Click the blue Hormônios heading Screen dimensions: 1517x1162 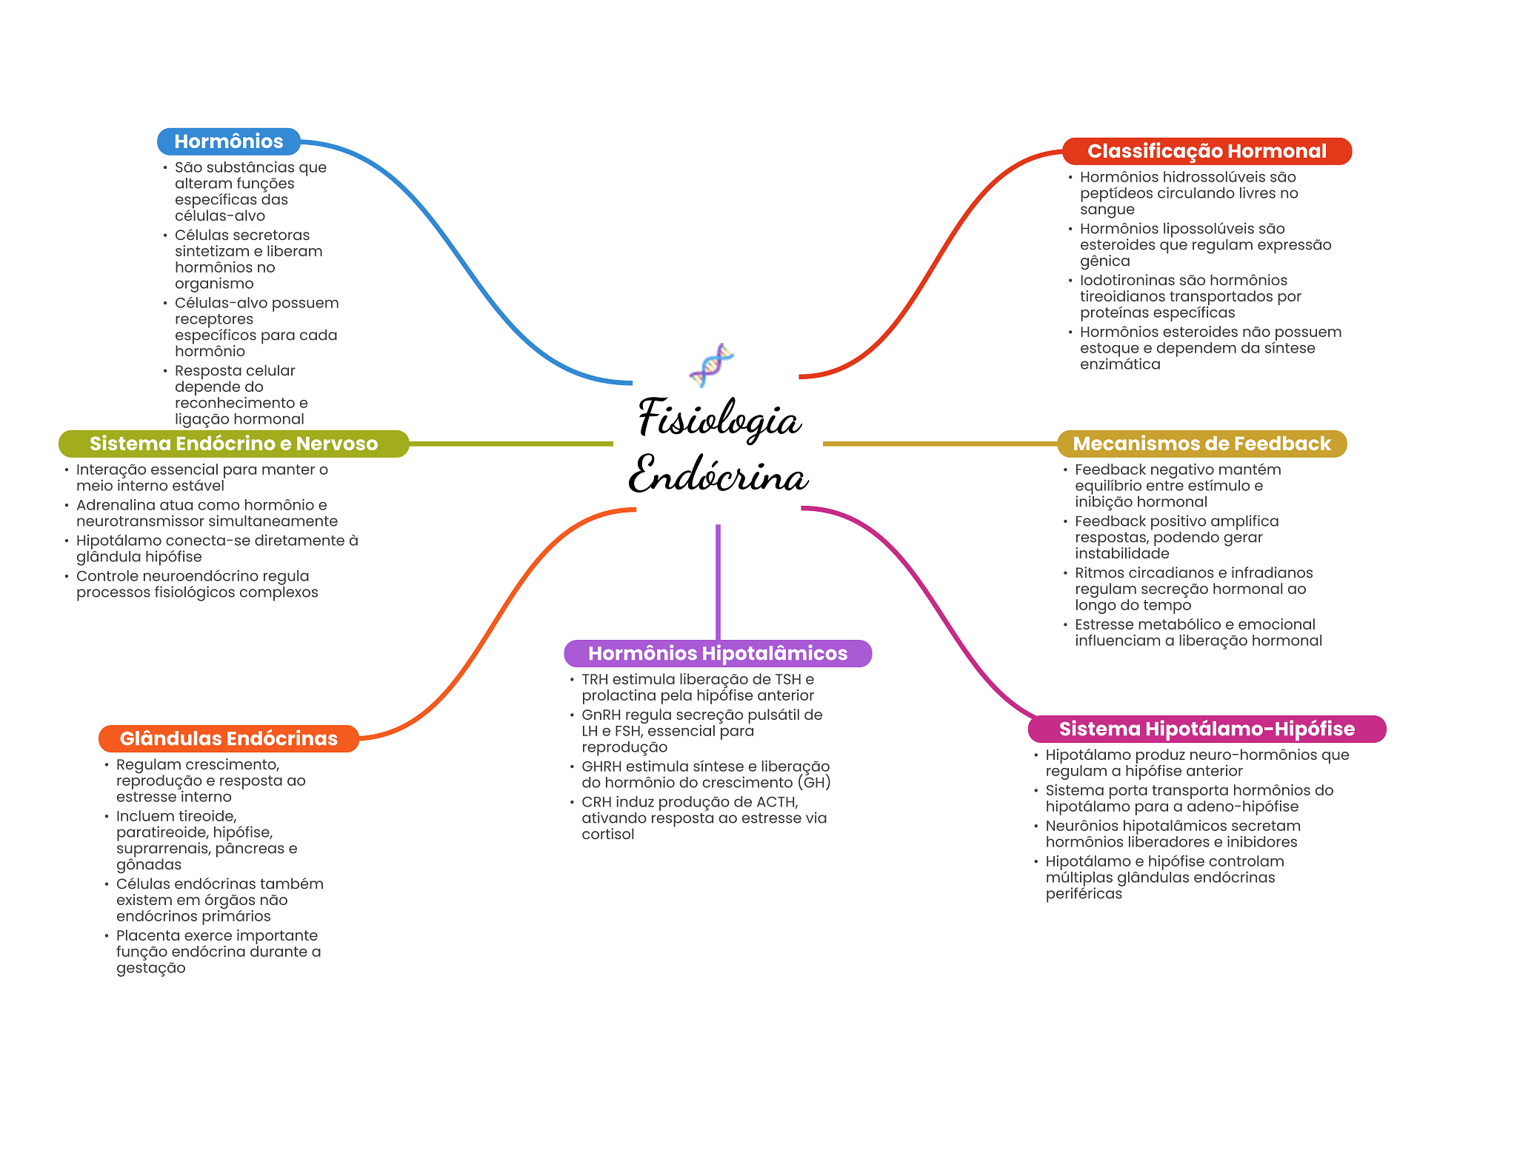pos(228,141)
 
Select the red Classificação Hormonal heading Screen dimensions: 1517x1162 pos(1206,151)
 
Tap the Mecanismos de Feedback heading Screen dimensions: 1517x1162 pos(1201,444)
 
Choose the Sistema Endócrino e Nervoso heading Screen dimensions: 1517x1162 pos(233,444)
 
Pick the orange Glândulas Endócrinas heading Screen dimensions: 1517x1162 pos(228,738)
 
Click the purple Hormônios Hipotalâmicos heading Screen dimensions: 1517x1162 pos(717,653)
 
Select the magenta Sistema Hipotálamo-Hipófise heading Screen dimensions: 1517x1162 pos(1206,729)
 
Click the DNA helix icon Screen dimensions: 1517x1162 pos(711,365)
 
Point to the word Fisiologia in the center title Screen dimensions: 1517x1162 pos(719,418)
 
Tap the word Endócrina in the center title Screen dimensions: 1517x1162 pos(718,475)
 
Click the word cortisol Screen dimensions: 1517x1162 pos(607,835)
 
